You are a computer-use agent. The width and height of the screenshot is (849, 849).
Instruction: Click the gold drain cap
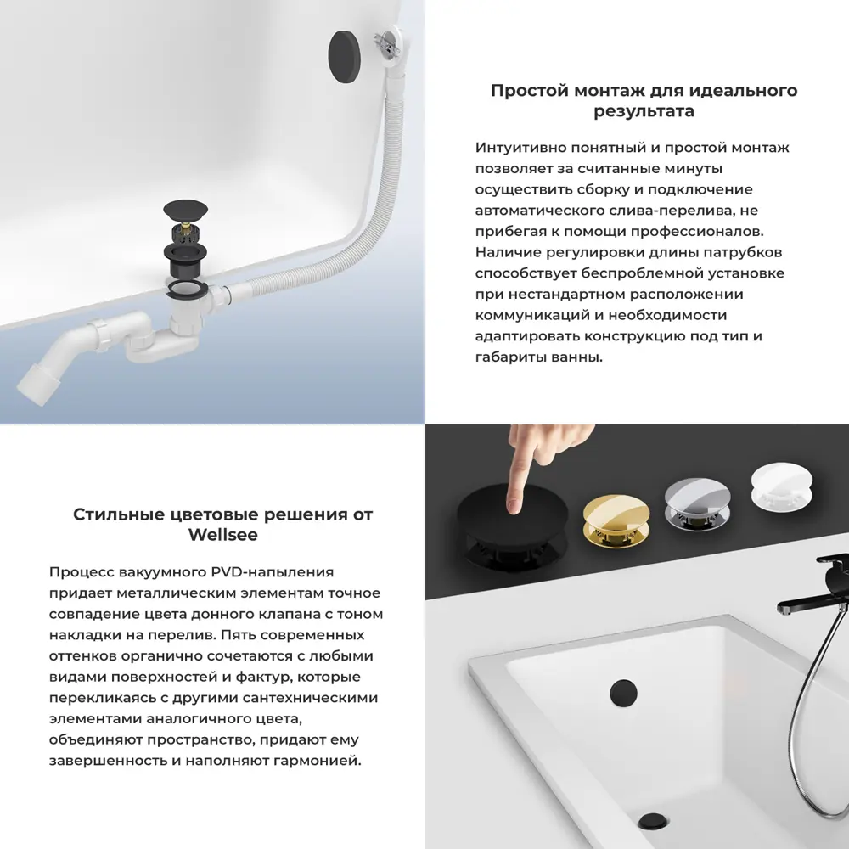(615, 514)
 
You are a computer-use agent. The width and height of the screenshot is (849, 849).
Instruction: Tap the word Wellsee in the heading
(222, 536)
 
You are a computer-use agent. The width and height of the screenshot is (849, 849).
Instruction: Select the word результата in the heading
(644, 111)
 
